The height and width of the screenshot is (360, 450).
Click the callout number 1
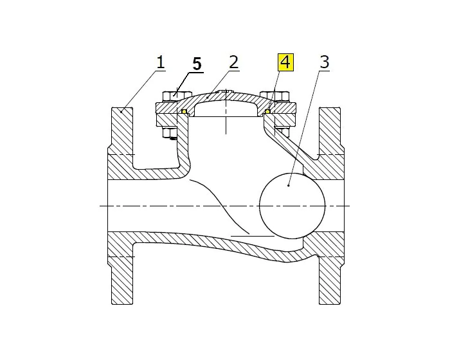pyautogui.click(x=159, y=62)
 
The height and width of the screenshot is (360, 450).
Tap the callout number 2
pyautogui.click(x=233, y=62)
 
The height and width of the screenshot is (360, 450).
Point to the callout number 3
pyautogui.click(x=324, y=62)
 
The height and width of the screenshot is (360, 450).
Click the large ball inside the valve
pyautogui.click(x=292, y=206)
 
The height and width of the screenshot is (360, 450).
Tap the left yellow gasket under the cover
pyautogui.click(x=183, y=112)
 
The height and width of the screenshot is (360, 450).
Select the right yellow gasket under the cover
pyautogui.click(x=267, y=112)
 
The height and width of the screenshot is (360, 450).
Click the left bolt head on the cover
pyautogui.click(x=170, y=95)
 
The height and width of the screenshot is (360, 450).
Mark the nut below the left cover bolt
pyautogui.click(x=170, y=134)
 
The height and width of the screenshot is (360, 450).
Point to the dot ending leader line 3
pyautogui.click(x=289, y=185)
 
